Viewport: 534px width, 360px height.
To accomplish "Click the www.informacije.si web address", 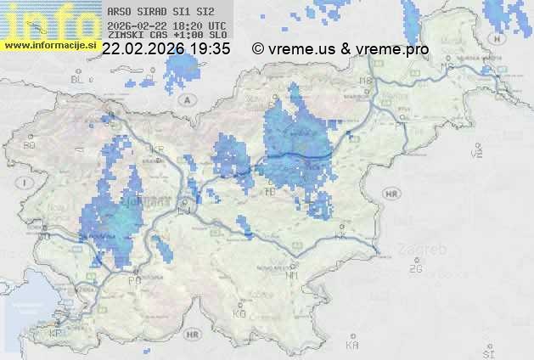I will (x=48, y=45).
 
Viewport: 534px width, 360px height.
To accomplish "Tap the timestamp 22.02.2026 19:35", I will (x=166, y=49).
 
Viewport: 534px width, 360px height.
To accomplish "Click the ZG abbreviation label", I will (x=415, y=269).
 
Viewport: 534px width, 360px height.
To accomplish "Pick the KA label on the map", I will (x=352, y=345).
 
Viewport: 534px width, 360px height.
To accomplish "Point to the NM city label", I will (x=293, y=275).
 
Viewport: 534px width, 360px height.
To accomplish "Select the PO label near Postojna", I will (x=133, y=279).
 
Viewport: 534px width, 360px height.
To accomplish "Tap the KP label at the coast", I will (x=56, y=333).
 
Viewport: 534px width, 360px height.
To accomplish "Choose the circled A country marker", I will (x=185, y=99).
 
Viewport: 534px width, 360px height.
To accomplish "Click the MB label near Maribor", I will (x=366, y=81).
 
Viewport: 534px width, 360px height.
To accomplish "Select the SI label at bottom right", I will (x=487, y=352).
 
